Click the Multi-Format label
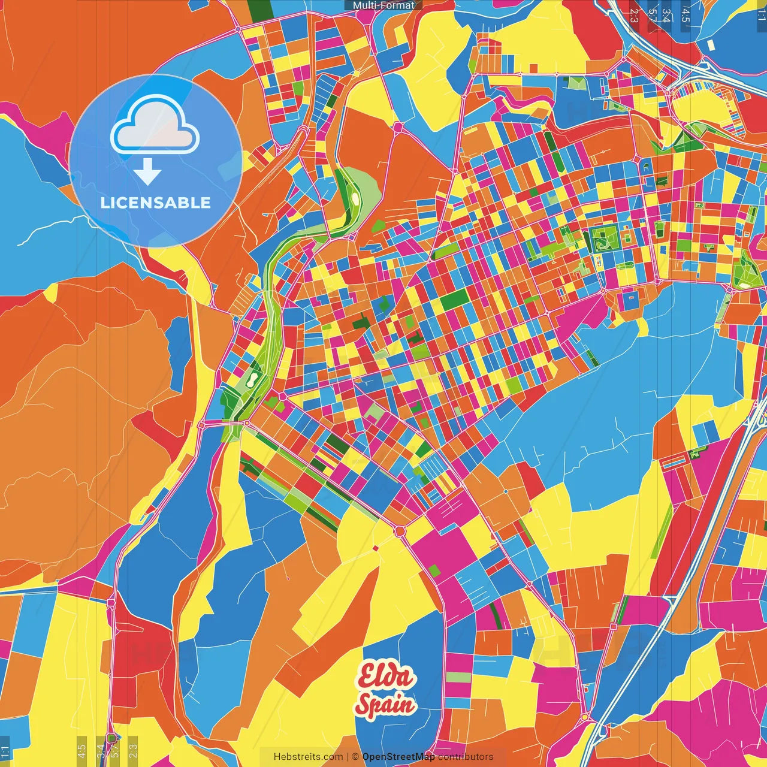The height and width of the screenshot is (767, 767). (383, 5)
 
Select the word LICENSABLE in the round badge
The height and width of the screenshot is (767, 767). (156, 203)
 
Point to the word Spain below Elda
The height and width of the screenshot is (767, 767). (385, 705)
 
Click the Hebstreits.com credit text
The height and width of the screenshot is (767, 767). (308, 757)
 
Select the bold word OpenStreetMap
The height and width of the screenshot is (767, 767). (398, 757)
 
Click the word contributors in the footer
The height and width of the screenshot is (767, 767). (466, 757)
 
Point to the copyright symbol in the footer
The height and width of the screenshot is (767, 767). (355, 757)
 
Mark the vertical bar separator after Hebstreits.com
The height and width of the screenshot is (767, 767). (348, 757)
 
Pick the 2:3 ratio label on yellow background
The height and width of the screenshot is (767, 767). (133, 750)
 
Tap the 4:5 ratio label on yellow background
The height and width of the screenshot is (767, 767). (82, 750)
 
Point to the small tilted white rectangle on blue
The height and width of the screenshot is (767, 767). (711, 45)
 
